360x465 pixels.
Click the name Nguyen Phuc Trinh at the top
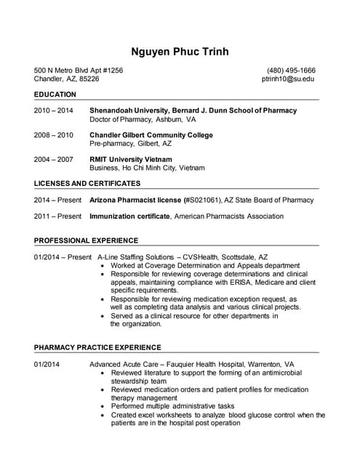tap(180, 52)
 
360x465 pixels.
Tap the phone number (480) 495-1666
tap(291, 70)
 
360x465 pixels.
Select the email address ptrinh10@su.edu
tap(288, 78)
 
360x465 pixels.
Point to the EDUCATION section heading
tap(55, 95)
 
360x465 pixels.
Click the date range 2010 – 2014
tap(54, 110)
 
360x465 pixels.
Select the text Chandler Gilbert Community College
tap(151, 135)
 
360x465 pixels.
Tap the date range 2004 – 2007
tap(54, 159)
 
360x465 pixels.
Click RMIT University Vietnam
tap(130, 159)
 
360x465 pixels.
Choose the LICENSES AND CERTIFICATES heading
tap(87, 184)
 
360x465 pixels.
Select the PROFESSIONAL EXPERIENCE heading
tap(86, 240)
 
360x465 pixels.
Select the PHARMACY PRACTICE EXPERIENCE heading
tap(97, 347)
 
